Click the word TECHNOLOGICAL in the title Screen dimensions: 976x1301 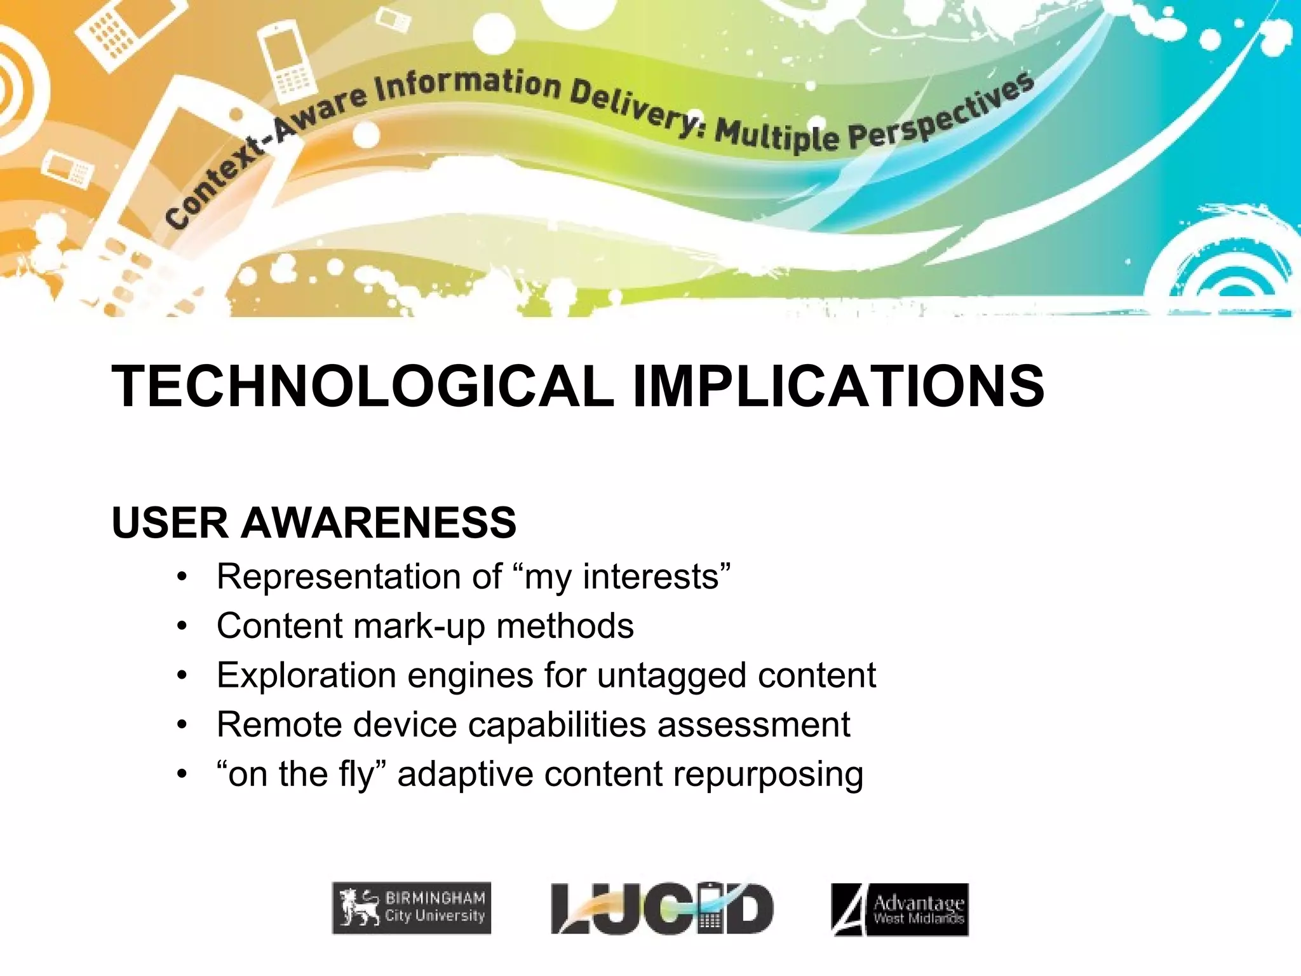coord(362,386)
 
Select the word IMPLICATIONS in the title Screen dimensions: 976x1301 coord(839,386)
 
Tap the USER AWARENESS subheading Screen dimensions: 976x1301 coord(314,523)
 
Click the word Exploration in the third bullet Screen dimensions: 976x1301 coord(306,675)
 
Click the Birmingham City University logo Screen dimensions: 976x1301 coord(412,908)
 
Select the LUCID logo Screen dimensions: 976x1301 coord(662,909)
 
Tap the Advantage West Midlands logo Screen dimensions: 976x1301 coord(900,909)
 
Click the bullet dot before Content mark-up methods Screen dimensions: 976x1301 coord(183,627)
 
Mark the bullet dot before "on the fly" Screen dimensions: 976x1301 coord(183,774)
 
